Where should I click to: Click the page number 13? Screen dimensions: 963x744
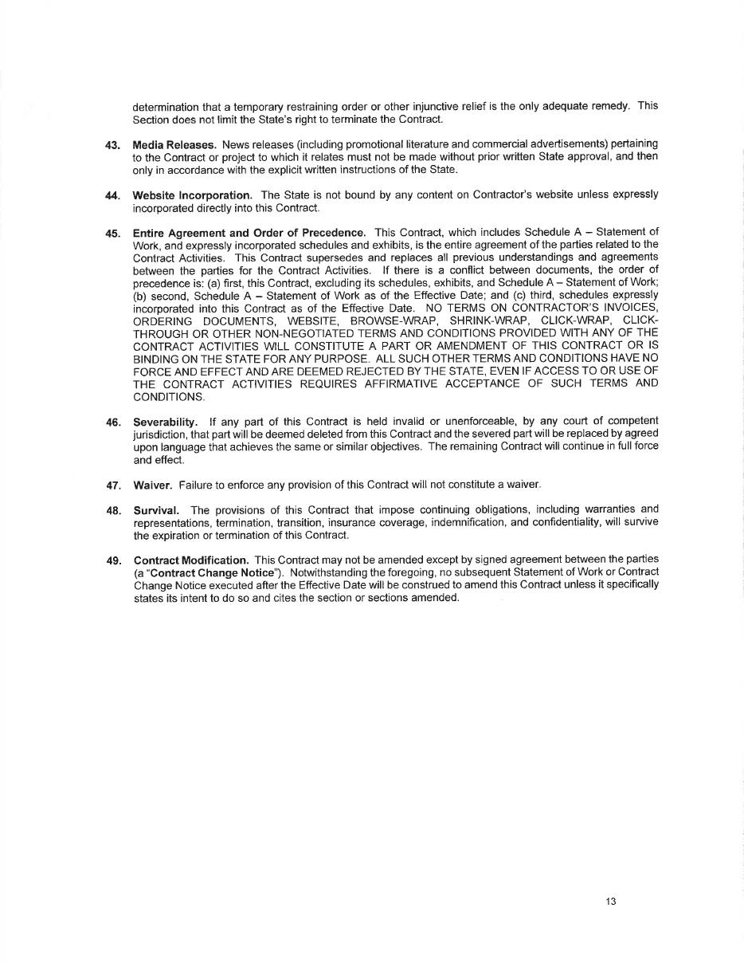(610, 902)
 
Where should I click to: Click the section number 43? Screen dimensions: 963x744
(112, 145)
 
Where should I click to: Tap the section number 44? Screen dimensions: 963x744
(112, 195)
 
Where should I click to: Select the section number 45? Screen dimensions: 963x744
(112, 233)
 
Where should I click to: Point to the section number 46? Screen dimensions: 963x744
(112, 422)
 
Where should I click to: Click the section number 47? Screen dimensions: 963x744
(112, 485)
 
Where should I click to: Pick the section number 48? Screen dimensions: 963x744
(112, 510)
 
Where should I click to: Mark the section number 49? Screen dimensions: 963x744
(112, 560)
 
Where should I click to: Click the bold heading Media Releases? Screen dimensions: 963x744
(174, 144)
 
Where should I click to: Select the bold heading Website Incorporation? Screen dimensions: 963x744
(192, 195)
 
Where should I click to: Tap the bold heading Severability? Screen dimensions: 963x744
(165, 422)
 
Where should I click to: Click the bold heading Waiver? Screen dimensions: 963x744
(152, 485)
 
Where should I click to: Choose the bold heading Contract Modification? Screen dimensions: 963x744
(191, 560)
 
